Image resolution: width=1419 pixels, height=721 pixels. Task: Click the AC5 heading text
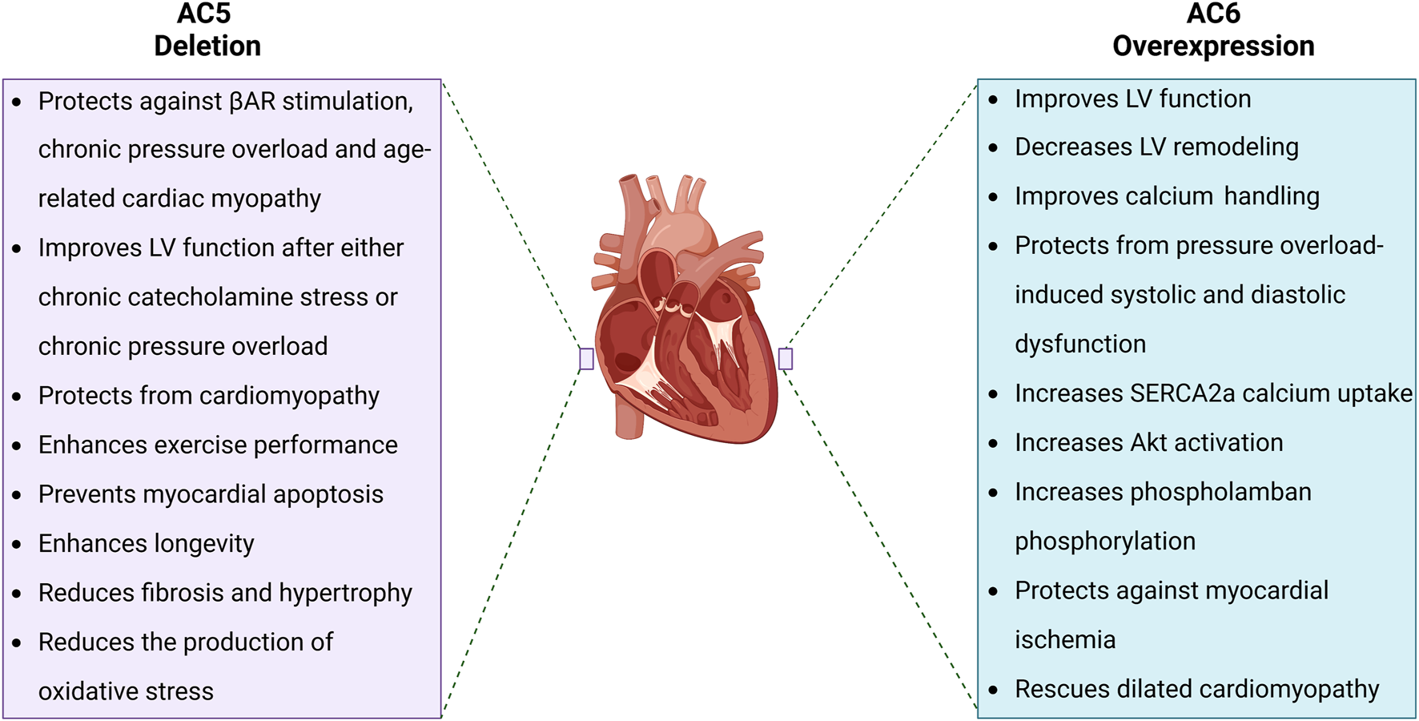point(203,14)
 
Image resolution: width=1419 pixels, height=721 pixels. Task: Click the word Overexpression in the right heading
point(1213,46)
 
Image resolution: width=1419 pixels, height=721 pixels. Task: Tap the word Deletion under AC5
point(207,46)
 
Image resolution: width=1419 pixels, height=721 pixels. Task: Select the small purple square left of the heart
point(587,359)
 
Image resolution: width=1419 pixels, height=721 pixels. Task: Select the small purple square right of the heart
point(786,359)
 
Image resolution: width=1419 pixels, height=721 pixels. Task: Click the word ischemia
point(1064,640)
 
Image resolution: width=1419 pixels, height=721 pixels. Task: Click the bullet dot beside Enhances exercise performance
point(17,446)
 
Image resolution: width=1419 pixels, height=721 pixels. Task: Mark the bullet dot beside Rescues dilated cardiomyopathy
point(993,690)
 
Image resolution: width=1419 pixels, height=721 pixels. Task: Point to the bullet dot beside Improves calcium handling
point(993,197)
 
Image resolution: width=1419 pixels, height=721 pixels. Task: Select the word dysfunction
point(1080,344)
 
